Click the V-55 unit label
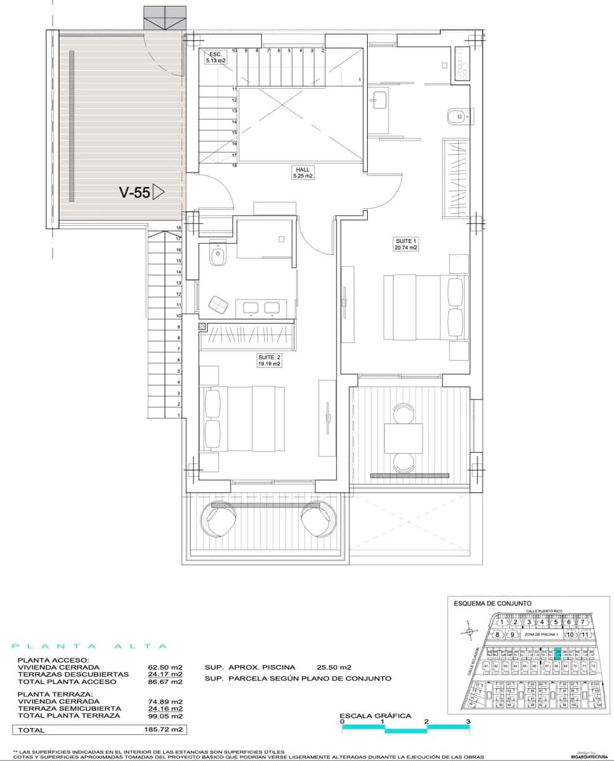point(135,193)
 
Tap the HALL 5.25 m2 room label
point(302,172)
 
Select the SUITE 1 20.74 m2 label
point(405,244)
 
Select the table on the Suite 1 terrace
point(403,439)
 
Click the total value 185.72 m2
point(167,730)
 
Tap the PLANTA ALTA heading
point(90,646)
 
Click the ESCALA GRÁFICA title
point(376,716)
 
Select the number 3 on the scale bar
point(468,722)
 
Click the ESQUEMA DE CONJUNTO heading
point(492,604)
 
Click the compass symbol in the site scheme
point(469,632)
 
